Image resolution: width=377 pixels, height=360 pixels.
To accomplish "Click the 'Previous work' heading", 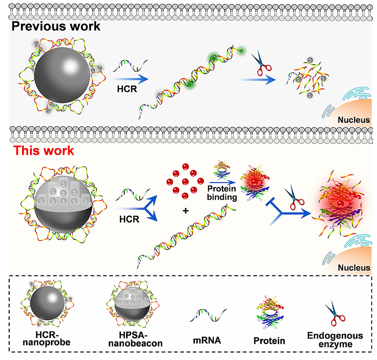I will pyautogui.click(x=56, y=26).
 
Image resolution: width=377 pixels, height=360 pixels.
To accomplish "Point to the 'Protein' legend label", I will pyautogui.click(x=269, y=341).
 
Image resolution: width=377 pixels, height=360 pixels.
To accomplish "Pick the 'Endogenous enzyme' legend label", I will pyautogui.click(x=335, y=339).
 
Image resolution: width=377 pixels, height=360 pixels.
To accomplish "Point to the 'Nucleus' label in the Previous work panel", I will pyautogui.click(x=351, y=119).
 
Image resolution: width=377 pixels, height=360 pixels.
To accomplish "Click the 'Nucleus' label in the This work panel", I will pyautogui.click(x=351, y=267).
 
